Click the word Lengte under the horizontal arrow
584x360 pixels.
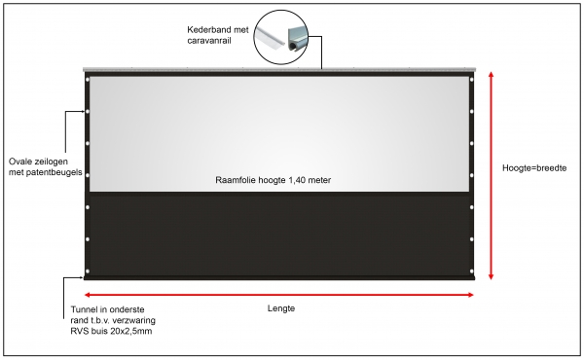tap(280, 308)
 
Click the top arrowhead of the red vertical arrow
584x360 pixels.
tap(492, 77)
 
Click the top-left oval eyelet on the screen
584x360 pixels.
tap(88, 80)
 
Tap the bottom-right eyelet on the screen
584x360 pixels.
tap(472, 271)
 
